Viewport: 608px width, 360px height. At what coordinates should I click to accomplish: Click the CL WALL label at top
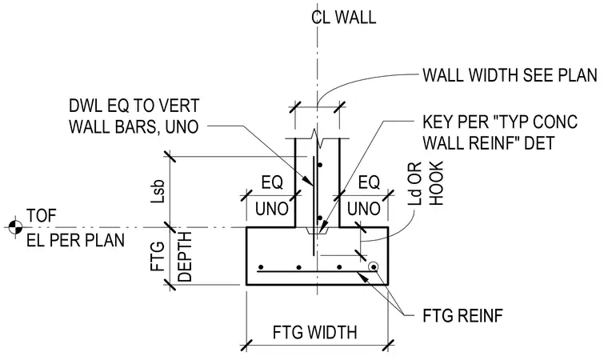pyautogui.click(x=343, y=18)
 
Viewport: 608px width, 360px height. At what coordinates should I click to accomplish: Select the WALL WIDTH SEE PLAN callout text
pyautogui.click(x=510, y=75)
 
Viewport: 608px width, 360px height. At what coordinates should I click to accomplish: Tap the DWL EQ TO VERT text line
pyautogui.click(x=134, y=106)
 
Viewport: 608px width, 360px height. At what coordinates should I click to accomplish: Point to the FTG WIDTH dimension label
pyautogui.click(x=315, y=333)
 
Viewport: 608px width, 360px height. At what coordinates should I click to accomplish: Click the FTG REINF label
pyautogui.click(x=463, y=316)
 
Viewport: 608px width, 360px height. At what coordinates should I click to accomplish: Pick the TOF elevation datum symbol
pyautogui.click(x=15, y=227)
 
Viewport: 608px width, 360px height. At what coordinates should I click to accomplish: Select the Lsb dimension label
pyautogui.click(x=158, y=191)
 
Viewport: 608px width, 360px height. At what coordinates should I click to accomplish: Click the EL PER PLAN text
pyautogui.click(x=76, y=240)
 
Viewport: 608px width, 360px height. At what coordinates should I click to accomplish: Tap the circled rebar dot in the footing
pyautogui.click(x=374, y=267)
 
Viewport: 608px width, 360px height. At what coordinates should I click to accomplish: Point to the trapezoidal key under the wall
pyautogui.click(x=318, y=230)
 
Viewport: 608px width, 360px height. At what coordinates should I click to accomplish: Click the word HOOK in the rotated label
pyautogui.click(x=436, y=183)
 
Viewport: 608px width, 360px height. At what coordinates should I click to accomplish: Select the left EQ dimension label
pyautogui.click(x=272, y=182)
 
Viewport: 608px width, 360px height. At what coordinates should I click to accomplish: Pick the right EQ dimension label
pyautogui.click(x=369, y=182)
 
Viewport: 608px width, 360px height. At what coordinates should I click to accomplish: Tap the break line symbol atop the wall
pyautogui.click(x=318, y=139)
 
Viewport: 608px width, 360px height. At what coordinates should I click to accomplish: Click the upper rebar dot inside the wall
pyautogui.click(x=320, y=166)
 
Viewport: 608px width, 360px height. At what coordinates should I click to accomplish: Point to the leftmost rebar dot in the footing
pyautogui.click(x=261, y=267)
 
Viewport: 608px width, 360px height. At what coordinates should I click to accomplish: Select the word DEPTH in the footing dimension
pyautogui.click(x=185, y=257)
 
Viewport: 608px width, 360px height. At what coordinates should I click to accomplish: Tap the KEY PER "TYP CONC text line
pyautogui.click(x=500, y=122)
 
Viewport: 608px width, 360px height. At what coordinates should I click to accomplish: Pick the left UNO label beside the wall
pyautogui.click(x=272, y=209)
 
